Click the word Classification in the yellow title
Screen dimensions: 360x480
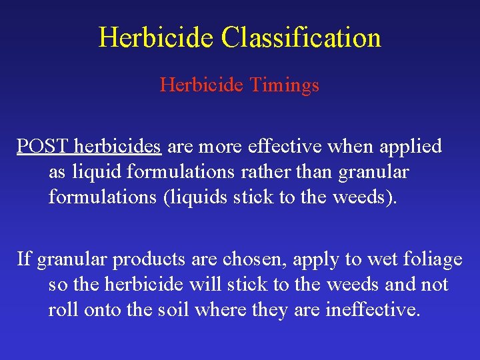click(x=301, y=37)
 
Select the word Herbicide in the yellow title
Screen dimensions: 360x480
click(x=157, y=37)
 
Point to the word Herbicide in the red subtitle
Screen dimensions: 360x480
click(x=199, y=85)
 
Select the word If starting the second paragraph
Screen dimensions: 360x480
click(x=23, y=259)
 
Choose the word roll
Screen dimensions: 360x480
click(x=63, y=311)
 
